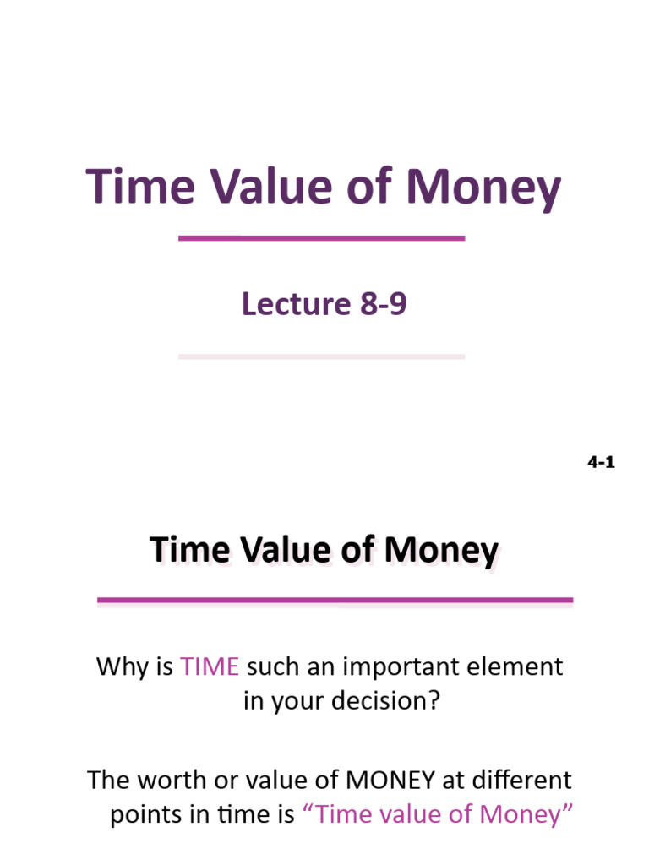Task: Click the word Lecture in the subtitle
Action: click(291, 304)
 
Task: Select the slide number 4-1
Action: click(601, 462)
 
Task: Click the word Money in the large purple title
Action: click(482, 188)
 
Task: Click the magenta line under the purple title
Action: click(321, 238)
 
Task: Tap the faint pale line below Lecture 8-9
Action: click(321, 356)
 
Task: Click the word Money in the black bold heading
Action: click(441, 551)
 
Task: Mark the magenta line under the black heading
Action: click(335, 601)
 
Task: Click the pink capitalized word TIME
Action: click(210, 666)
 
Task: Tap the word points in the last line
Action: click(140, 814)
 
